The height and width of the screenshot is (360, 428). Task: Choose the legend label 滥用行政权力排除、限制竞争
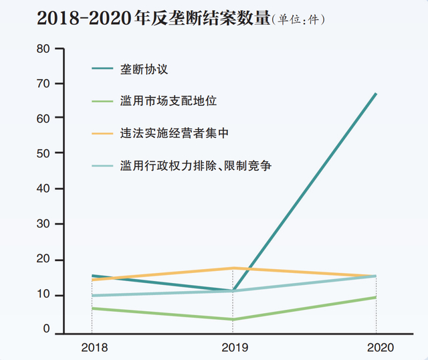195,165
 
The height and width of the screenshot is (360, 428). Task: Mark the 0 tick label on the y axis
46,329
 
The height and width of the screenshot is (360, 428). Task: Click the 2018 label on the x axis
94,347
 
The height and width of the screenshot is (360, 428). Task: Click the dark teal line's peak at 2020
376,94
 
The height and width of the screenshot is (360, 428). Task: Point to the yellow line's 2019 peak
233,268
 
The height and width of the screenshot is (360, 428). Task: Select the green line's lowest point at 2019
233,319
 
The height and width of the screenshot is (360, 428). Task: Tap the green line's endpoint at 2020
376,297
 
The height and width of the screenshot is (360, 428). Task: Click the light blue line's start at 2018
92,295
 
